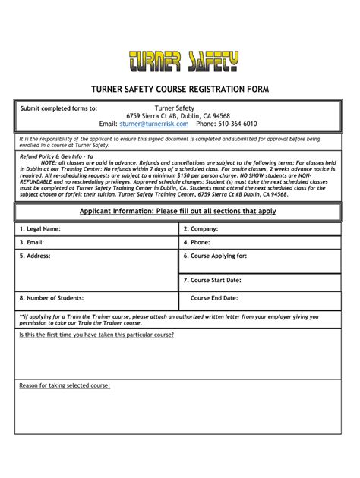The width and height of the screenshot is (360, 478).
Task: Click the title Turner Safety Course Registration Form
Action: [x=180, y=90]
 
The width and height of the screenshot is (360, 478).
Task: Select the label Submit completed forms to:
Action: [x=58, y=108]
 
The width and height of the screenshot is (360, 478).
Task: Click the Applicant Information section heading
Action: [x=178, y=211]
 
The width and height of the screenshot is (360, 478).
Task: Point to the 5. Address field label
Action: [x=35, y=256]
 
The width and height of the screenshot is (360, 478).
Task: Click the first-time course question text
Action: [x=96, y=335]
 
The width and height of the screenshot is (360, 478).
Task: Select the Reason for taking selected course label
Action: [x=65, y=385]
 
